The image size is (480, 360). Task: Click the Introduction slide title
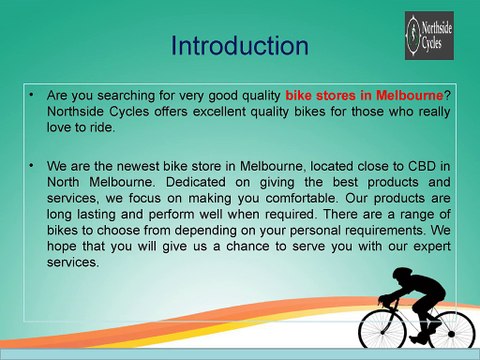pos(239,46)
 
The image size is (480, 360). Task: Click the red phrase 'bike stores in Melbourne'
pos(364,95)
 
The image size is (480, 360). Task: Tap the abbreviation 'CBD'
pos(409,167)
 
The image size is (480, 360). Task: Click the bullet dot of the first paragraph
pos(32,93)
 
